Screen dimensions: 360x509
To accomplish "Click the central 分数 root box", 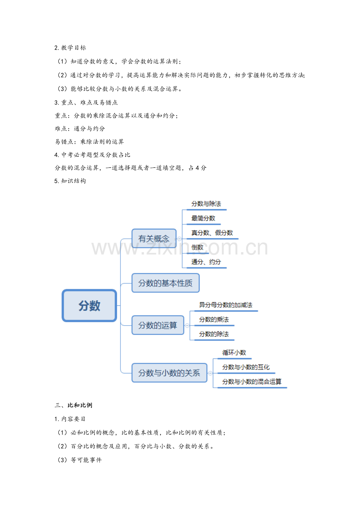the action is [89, 306].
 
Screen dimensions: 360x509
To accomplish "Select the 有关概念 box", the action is [154, 238].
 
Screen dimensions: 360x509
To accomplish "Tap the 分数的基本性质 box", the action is [166, 283].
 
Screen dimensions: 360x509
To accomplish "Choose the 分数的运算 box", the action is [158, 325].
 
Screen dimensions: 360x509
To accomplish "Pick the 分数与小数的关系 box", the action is [169, 373].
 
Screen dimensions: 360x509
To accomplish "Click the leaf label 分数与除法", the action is [206, 204].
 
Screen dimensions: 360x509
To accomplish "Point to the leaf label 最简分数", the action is [203, 218].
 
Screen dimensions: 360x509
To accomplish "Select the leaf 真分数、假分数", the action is [212, 233].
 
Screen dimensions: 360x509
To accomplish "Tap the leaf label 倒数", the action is [197, 247].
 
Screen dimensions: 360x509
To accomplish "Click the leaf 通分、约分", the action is [206, 262].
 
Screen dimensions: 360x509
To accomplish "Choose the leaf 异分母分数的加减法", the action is [226, 305].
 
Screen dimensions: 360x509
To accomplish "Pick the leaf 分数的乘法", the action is [214, 319].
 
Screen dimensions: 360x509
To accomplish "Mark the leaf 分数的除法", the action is [214, 334].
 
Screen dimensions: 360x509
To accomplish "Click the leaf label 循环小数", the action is [234, 353].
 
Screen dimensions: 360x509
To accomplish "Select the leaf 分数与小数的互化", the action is [246, 367].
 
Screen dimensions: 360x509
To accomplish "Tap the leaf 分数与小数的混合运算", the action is [252, 382].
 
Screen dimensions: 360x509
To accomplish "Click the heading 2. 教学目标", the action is [70, 48].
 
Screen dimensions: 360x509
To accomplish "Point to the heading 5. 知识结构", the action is [70, 181].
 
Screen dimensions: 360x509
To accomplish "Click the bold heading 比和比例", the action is [80, 405].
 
